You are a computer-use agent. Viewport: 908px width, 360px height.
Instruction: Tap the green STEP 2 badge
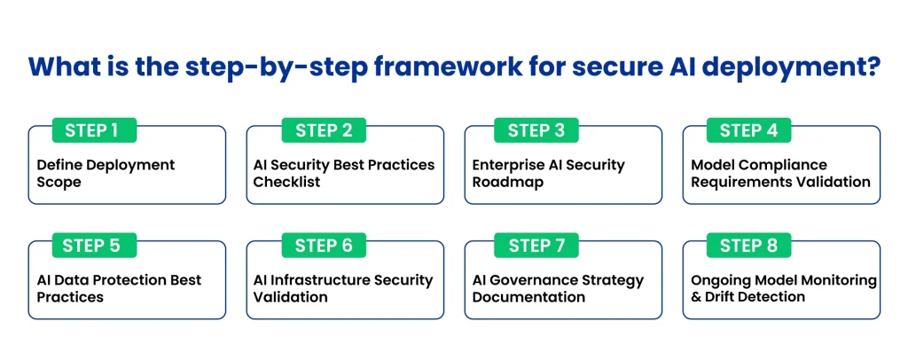(324, 130)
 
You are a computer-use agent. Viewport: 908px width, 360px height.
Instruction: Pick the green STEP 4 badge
(748, 130)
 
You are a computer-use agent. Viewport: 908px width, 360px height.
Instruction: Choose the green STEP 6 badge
(324, 246)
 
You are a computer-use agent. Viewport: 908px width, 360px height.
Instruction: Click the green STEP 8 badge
(748, 246)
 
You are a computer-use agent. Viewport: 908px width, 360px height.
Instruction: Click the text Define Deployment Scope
(106, 173)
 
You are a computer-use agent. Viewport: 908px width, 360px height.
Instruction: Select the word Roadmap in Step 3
(508, 182)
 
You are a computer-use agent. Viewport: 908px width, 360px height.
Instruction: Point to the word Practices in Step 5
(70, 297)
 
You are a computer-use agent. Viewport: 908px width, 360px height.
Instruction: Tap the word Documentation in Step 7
(528, 297)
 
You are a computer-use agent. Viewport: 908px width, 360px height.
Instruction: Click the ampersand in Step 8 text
(697, 297)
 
